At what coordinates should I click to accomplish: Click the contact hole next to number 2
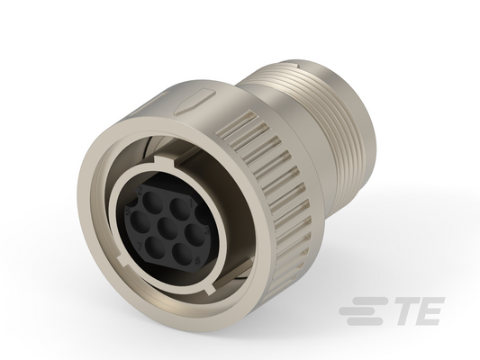tap(152, 200)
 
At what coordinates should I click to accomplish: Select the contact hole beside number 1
tap(180, 208)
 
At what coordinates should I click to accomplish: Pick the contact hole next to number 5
tap(139, 220)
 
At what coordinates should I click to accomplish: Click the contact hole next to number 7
tap(154, 247)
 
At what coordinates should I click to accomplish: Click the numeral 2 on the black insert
tap(140, 192)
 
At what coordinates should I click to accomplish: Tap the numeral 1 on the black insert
tap(193, 202)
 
